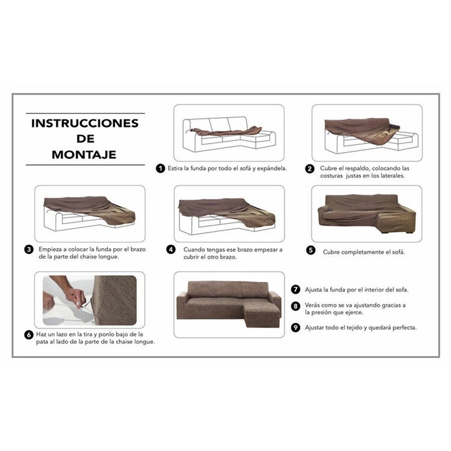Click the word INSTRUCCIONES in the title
pos(85,123)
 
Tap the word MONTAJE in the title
pos(85,154)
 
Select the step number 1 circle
pos(161,169)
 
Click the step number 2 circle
pos(310,169)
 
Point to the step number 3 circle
pos(29,249)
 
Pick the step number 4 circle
pos(170,249)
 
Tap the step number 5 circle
pos(310,252)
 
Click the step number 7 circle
pos(295,290)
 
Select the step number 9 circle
pos(295,328)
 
